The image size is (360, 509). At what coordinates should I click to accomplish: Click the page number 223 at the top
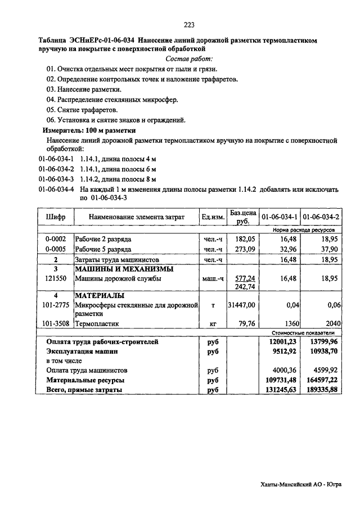click(188, 24)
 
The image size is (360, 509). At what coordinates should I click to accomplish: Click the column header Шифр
click(55, 217)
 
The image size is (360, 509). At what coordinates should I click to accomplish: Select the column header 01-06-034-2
click(321, 217)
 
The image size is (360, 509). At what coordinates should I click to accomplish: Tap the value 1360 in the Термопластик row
click(286, 324)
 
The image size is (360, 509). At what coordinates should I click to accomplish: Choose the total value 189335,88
click(321, 389)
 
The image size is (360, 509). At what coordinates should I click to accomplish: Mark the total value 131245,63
click(281, 389)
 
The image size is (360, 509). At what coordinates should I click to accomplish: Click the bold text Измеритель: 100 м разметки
click(89, 130)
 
